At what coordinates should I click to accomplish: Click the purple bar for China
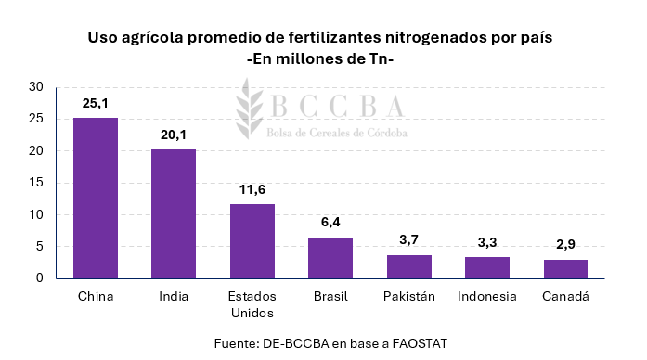coord(96,198)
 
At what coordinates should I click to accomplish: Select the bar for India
coord(174,213)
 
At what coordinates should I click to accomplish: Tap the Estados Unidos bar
coord(252,240)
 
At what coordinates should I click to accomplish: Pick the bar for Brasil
coord(330,257)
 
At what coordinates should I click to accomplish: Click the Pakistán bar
coord(408,266)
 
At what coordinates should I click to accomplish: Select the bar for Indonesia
coord(487,267)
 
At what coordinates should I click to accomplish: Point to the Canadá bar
coord(565,268)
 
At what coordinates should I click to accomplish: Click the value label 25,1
coord(96,103)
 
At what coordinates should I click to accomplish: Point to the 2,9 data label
coord(565,244)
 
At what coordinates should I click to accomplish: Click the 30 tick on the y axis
coord(36,87)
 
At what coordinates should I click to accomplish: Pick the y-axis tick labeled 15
coord(36,183)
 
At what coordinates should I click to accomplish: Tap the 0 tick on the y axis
coord(40,278)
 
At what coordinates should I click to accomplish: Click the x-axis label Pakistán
coord(408,297)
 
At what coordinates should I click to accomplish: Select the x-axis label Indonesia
coord(487,297)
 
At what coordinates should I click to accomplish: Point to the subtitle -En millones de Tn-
coord(322,59)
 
